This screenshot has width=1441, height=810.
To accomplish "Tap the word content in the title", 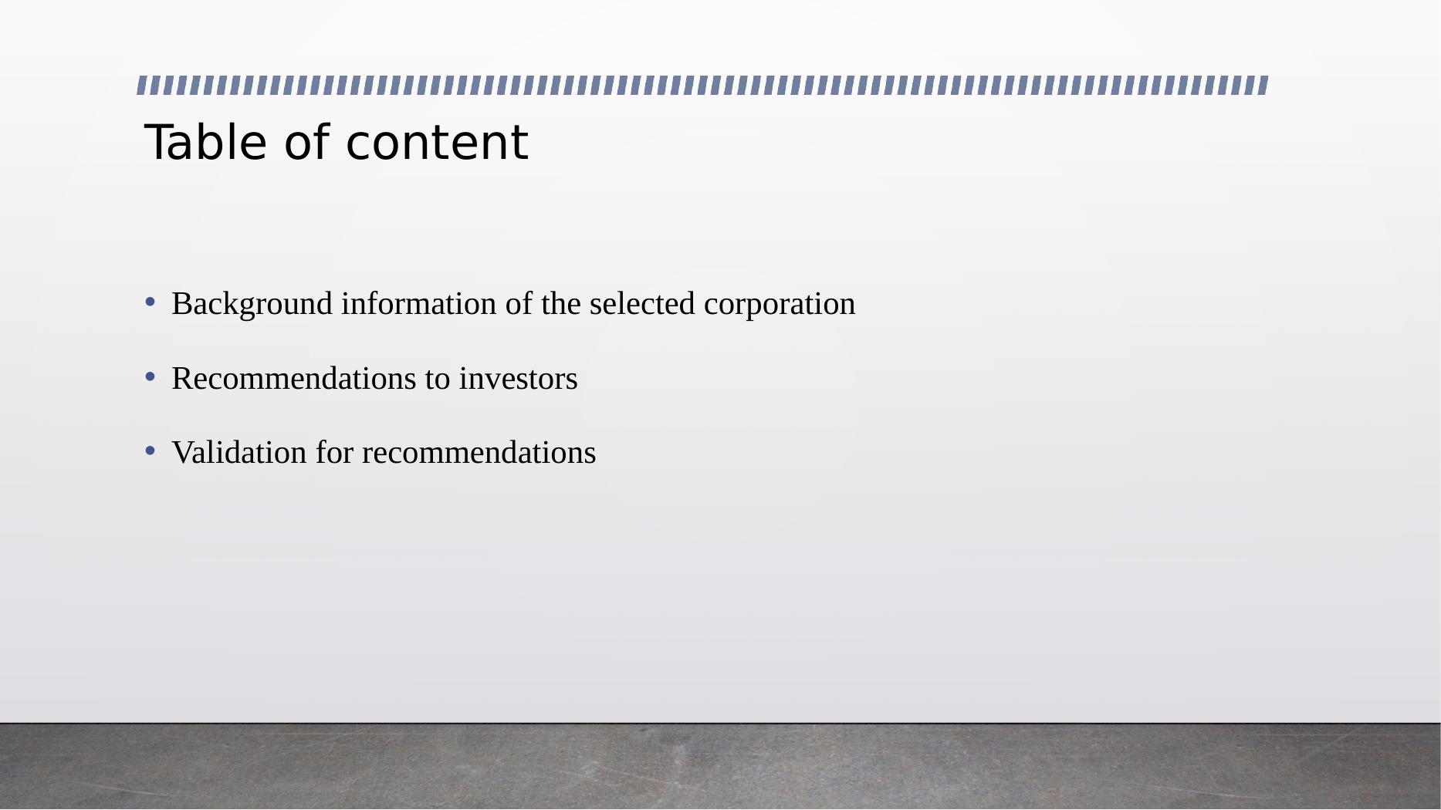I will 437,143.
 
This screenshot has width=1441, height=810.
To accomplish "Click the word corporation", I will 780,304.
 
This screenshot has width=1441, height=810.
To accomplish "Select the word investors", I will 518,379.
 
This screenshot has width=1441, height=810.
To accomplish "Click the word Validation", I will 239,453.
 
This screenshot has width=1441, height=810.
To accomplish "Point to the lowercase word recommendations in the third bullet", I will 479,453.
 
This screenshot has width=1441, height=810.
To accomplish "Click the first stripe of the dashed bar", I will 143,85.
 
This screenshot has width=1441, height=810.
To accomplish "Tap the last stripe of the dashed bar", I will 1263,85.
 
